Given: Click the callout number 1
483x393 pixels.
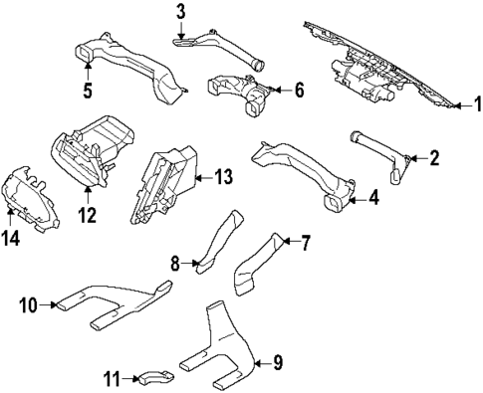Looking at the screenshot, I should click(476, 129).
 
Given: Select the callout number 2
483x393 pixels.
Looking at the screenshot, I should click(434, 156).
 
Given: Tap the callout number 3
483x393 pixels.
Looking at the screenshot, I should click(180, 12).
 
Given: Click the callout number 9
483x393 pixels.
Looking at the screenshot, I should click(278, 364).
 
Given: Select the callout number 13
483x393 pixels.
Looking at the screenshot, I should click(223, 178).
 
